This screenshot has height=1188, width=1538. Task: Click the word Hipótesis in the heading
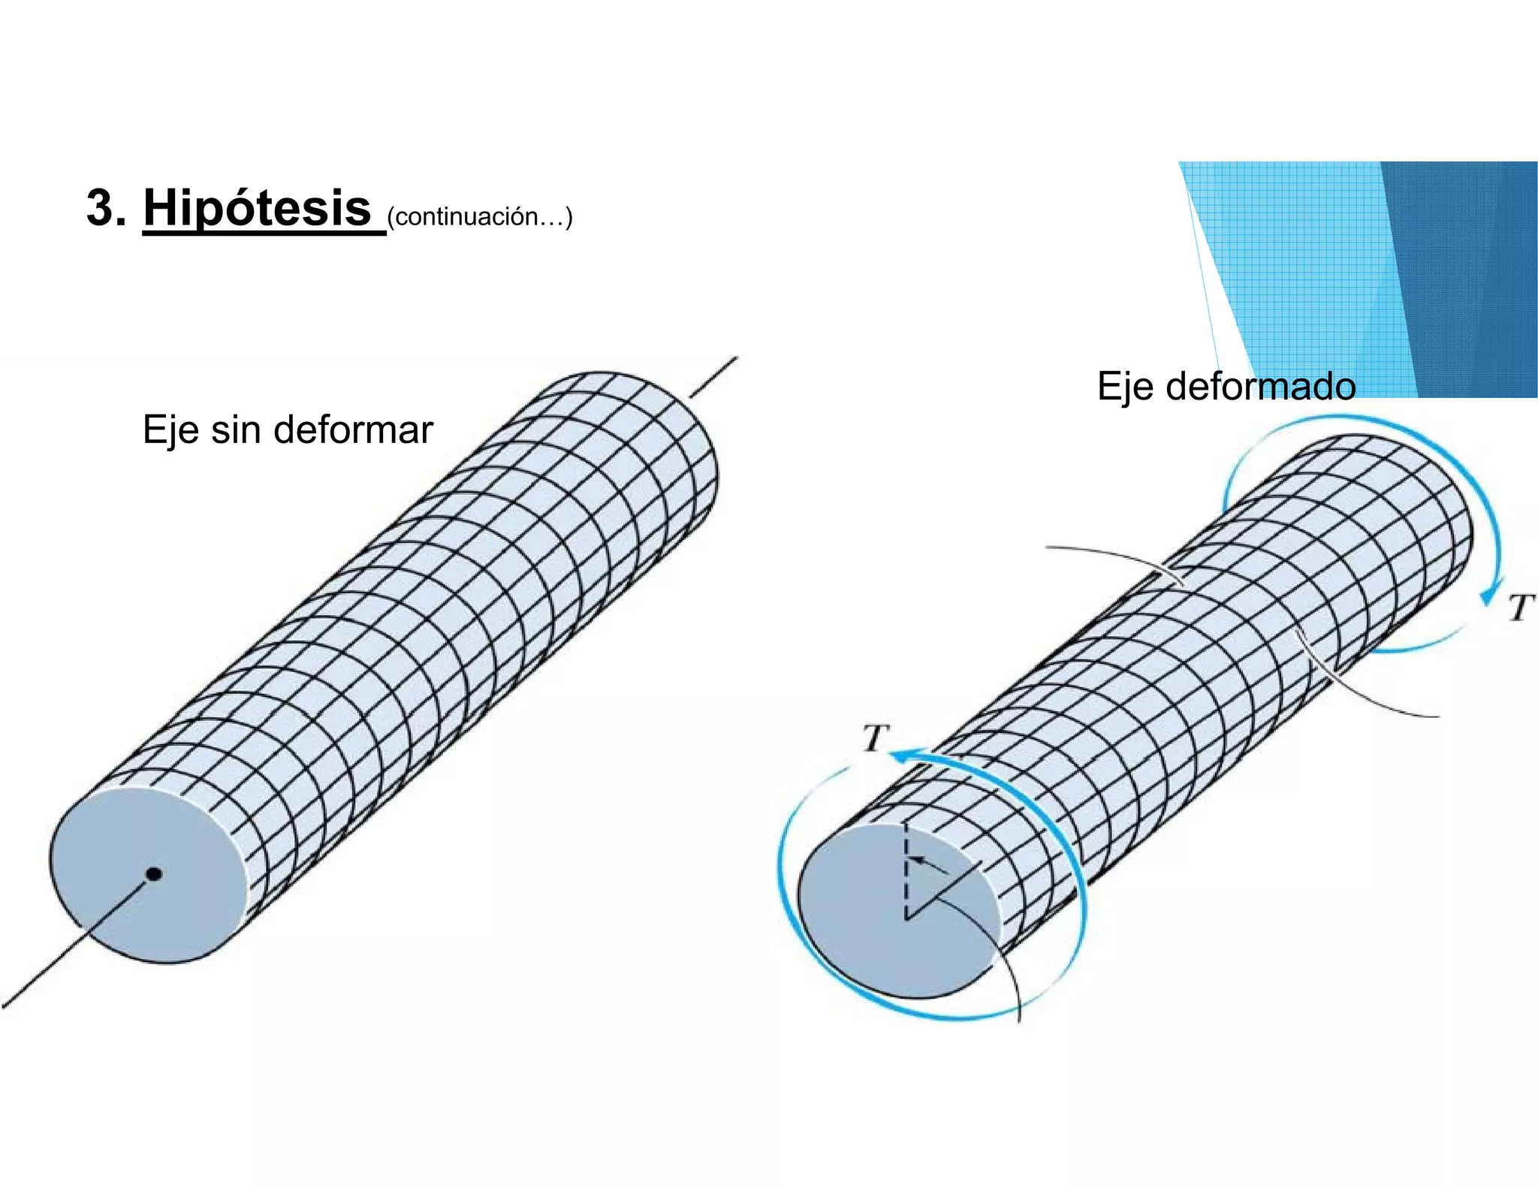[257, 208]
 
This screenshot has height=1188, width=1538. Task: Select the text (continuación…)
[480, 217]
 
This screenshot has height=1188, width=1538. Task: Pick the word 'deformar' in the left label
[353, 430]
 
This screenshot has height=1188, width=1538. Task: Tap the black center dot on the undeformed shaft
[154, 873]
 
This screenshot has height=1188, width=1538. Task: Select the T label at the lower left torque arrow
[876, 737]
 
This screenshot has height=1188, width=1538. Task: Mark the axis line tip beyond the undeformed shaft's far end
[737, 358]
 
